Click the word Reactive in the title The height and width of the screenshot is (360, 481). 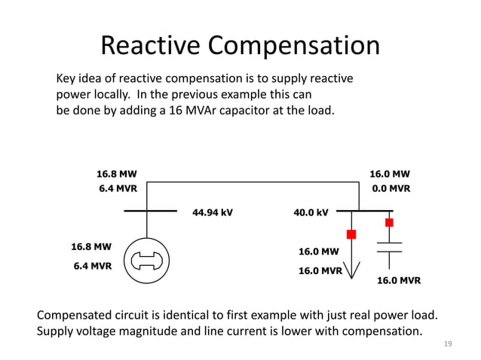click(151, 46)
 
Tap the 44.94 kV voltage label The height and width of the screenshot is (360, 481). click(213, 212)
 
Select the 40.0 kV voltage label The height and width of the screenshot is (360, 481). click(311, 212)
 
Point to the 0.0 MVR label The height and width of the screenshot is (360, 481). click(391, 189)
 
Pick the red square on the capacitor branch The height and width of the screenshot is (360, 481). click(389, 222)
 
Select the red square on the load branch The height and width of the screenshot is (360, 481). click(351, 233)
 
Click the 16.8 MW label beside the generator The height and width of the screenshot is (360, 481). click(91, 246)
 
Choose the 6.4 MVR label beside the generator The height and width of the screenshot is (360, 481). click(92, 265)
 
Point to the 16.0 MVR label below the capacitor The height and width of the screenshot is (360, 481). click(398, 280)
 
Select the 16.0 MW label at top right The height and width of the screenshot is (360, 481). click(390, 173)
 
